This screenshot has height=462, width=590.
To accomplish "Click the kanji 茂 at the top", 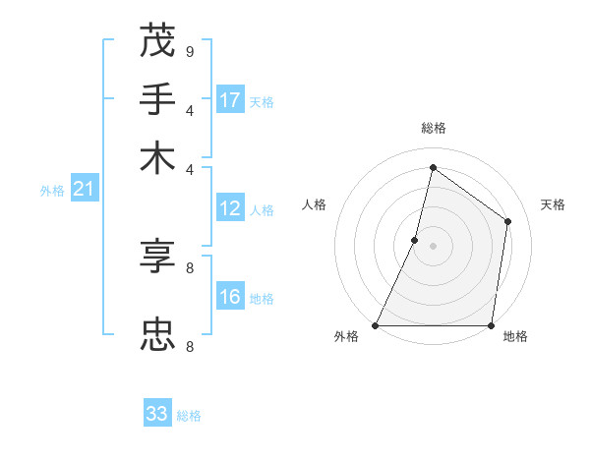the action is coord(157,41).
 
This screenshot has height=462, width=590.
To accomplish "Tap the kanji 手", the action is coord(157,100).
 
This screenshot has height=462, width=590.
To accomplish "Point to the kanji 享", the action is coord(157,258).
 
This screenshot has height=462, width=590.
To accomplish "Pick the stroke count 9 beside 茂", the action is coord(189,51).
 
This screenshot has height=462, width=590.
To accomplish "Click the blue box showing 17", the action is coord(230,100).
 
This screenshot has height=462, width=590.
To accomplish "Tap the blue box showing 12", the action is coord(230,208).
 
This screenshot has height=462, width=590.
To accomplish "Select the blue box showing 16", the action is coord(230,298).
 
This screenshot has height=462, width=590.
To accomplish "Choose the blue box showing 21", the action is coord(84,190).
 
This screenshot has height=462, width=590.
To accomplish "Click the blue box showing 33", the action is coord(157,414).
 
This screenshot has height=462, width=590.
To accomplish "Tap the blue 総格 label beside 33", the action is coord(189,416).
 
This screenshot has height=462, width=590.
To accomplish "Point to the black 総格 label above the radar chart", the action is coord(434,128).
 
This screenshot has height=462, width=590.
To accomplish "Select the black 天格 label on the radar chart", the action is coord(553,204).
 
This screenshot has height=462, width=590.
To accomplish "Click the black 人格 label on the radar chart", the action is coord(315,204).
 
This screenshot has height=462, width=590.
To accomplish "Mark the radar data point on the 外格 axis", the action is coord(376,325).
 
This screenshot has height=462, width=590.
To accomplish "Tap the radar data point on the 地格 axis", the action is coord(491,325).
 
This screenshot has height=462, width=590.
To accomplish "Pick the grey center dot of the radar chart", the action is coord(434,246).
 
